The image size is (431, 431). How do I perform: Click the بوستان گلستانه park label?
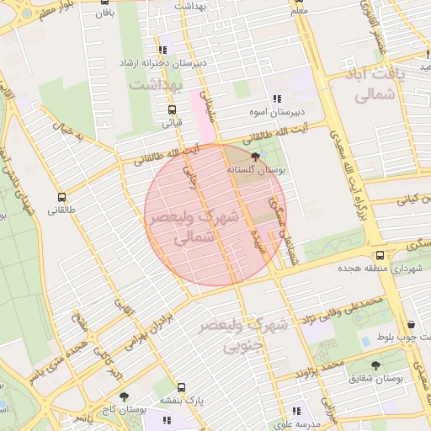[257, 170]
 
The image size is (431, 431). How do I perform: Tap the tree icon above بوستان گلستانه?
[256, 157]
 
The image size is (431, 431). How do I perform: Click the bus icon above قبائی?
[172, 109]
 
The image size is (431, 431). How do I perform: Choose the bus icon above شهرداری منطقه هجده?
[380, 255]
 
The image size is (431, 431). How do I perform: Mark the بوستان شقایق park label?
[378, 379]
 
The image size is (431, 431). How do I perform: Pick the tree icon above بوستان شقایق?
[375, 365]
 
